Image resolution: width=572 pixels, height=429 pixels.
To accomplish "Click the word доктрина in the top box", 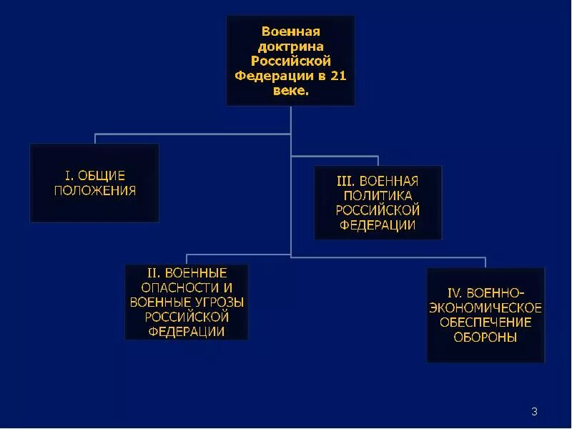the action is [290, 46].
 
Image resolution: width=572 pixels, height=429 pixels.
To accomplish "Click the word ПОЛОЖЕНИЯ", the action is [94, 191].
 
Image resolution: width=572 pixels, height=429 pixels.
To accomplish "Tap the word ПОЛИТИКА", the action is [378, 195].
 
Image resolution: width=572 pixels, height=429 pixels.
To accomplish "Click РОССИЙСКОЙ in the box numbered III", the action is [378, 210].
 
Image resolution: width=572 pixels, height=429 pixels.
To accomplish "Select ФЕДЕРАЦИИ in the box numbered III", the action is [378, 225].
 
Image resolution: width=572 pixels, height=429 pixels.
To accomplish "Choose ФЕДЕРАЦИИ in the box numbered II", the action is [187, 332].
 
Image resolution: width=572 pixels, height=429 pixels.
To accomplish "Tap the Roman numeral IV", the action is [455, 293].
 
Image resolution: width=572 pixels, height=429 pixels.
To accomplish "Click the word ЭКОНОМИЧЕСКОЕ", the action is [485, 308].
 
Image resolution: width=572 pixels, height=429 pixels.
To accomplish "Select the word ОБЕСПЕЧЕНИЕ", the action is [485, 322].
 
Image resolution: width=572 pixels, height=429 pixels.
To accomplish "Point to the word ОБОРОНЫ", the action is [485, 337].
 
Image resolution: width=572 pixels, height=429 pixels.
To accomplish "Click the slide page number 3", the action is [534, 411].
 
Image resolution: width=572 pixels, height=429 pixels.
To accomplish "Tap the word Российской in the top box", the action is [290, 61].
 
